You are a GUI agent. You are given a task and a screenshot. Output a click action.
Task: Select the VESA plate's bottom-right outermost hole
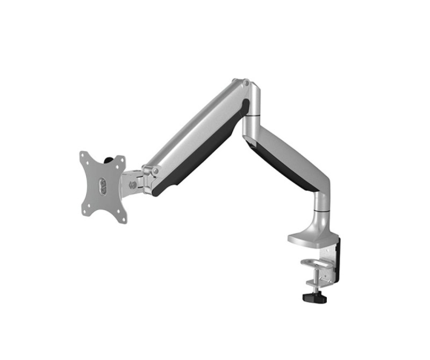[x=123, y=219]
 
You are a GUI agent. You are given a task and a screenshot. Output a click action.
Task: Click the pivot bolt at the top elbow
[x=245, y=83]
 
